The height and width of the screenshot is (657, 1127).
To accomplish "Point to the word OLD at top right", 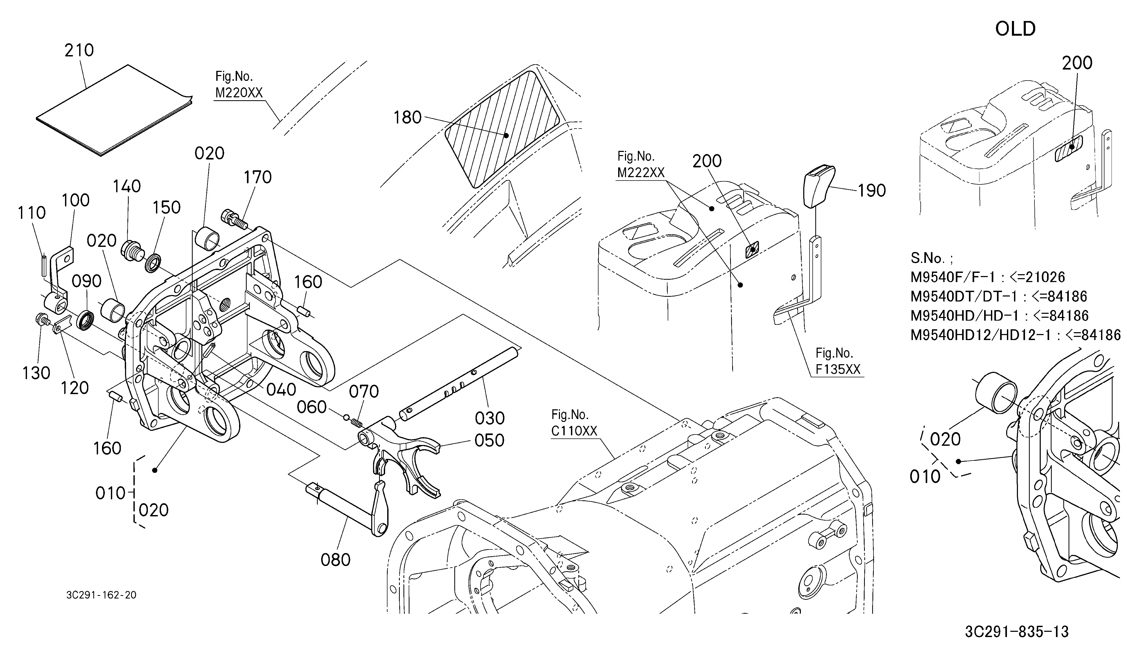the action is point(1015,29).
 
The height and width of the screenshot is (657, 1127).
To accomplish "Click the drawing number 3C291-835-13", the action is point(1017,632).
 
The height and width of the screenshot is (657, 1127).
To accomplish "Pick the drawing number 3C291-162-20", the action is point(101,595).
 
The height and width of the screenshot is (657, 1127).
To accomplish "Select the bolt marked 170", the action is point(234,218).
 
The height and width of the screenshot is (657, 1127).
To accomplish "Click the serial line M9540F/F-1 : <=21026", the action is point(988,277).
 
